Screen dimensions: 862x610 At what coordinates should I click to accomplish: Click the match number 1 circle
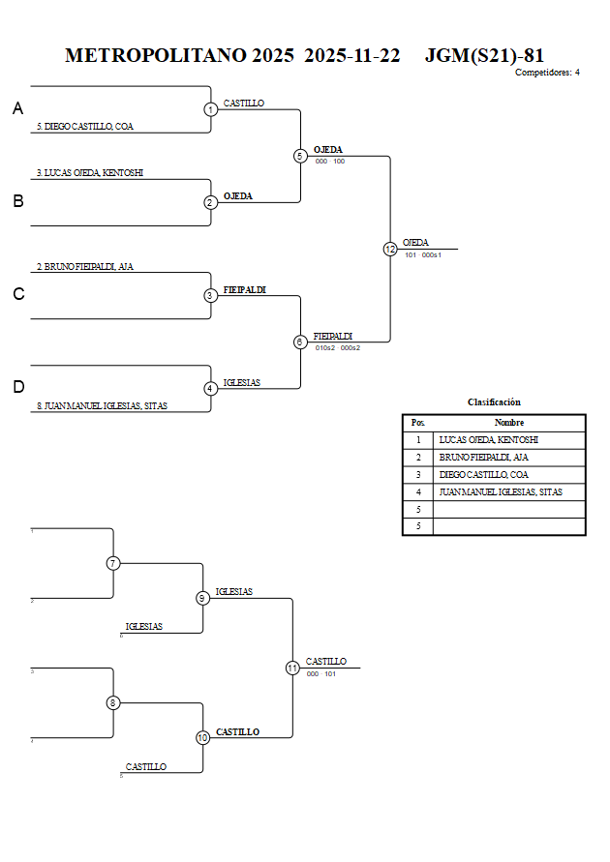coord(210,109)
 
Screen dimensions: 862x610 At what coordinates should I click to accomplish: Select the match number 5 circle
coord(300,156)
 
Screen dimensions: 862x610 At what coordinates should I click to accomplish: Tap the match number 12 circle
coord(390,249)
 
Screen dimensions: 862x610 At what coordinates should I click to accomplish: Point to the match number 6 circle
coord(300,342)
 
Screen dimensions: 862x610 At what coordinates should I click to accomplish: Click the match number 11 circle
coord(292,668)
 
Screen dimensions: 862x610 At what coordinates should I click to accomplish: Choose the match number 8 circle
coord(113,702)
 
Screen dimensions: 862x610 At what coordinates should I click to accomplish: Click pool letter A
coord(17,109)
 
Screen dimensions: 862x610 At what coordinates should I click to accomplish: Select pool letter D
coord(17,387)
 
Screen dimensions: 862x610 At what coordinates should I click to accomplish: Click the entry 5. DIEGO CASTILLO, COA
coord(85,127)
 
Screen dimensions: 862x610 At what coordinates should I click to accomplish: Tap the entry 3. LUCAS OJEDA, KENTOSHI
coord(90,173)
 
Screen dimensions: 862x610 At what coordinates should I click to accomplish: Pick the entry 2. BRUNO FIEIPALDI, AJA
coord(85,266)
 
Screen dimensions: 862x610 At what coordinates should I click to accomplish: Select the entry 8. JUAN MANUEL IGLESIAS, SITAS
coord(102,406)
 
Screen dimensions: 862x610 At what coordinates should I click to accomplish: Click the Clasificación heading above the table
coord(494,401)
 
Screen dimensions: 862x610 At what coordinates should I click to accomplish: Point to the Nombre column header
coord(508,423)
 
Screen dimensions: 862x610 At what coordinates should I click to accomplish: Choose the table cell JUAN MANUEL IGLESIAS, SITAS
coord(500,492)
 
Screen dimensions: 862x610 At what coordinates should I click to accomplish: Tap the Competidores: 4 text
coord(547,73)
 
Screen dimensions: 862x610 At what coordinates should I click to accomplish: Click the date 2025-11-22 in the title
coord(351,55)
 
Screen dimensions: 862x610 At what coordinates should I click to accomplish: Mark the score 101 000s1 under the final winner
coord(423,255)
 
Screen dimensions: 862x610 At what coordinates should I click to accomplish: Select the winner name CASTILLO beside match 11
coord(326,662)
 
